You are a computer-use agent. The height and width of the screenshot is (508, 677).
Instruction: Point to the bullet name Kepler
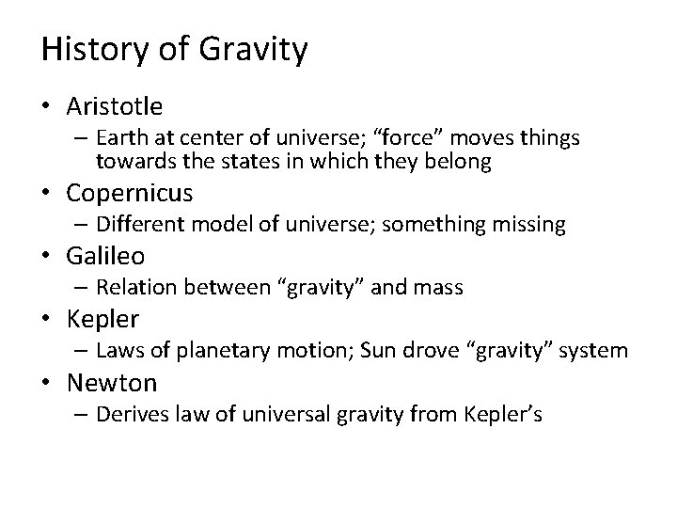coord(102,319)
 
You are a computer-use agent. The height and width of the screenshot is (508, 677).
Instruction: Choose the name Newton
coord(111,382)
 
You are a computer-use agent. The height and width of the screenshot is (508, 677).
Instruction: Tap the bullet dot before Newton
coord(48,383)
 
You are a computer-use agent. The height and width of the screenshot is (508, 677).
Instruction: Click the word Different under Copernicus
coord(138,225)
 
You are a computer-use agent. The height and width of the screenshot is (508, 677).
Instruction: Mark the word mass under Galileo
coord(438,288)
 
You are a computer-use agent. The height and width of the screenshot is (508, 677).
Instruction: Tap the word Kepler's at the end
coord(506,414)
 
